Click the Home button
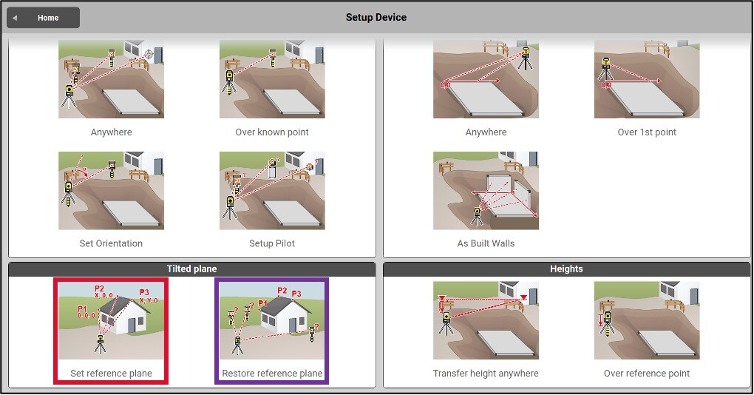click(x=44, y=18)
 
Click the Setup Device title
click(x=376, y=17)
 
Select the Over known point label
click(x=272, y=132)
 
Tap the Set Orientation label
click(x=111, y=243)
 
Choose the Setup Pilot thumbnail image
click(x=272, y=191)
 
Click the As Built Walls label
click(x=486, y=243)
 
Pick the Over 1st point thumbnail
click(x=647, y=79)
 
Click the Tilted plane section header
click(x=192, y=269)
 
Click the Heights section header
click(x=566, y=269)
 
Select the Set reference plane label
click(x=111, y=374)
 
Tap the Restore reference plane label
click(x=272, y=374)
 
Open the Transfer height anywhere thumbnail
click(x=486, y=320)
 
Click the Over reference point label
click(x=647, y=374)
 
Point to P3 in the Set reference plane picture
click(x=144, y=292)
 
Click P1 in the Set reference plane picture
click(x=82, y=309)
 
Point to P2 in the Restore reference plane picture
click(x=282, y=291)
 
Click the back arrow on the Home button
click(x=15, y=18)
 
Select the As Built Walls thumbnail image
click(x=486, y=191)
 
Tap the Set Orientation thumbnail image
click(x=111, y=191)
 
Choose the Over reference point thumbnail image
click(x=647, y=320)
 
